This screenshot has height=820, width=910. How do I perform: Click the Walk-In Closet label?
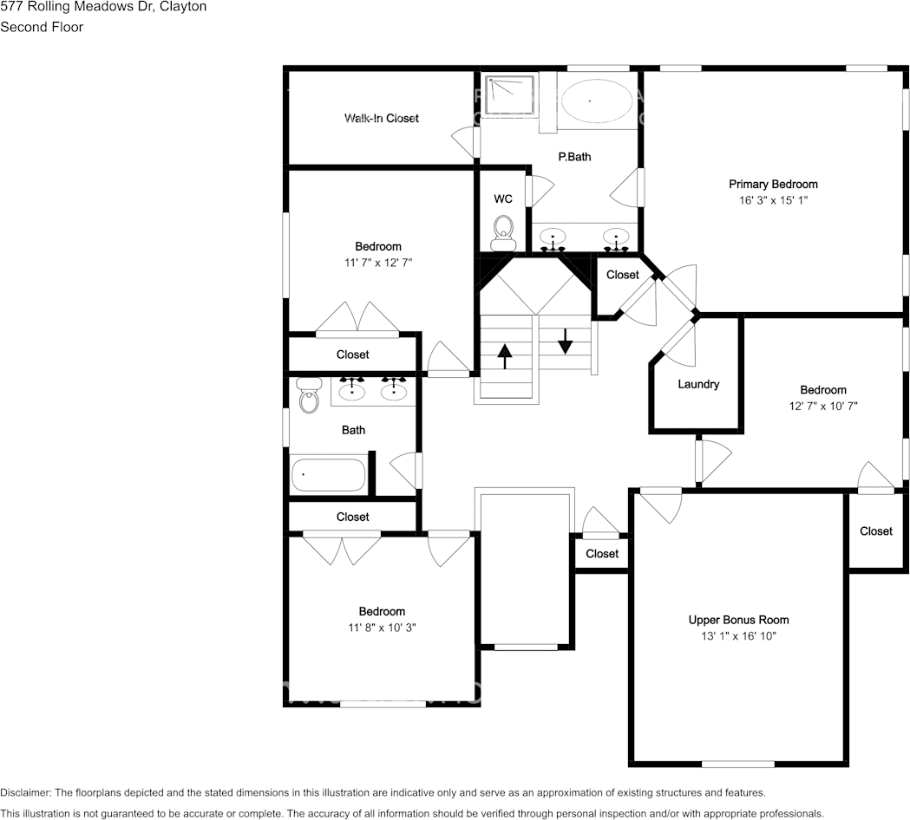381,118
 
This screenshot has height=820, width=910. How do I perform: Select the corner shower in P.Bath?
509,96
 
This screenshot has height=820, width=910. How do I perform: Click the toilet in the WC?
503,230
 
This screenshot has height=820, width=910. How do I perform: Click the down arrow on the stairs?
566,340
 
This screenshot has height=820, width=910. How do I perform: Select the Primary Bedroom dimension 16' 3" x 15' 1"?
773,200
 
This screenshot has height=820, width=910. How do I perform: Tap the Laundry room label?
698,384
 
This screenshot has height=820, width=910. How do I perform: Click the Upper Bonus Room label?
738,620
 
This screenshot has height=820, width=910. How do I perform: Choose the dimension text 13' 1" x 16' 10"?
738,636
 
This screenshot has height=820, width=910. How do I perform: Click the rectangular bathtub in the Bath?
329,475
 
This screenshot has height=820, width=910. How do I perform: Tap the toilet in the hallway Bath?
309,396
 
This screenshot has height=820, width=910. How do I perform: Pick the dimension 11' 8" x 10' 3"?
383,628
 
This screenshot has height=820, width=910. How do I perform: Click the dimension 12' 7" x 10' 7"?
823,406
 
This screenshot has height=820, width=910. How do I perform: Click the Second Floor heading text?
42,27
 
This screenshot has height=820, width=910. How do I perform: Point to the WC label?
503,199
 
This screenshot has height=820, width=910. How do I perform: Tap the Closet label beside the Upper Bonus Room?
876,531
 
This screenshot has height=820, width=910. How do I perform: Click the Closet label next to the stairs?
623,275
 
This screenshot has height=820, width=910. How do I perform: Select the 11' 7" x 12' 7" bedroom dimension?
378,263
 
